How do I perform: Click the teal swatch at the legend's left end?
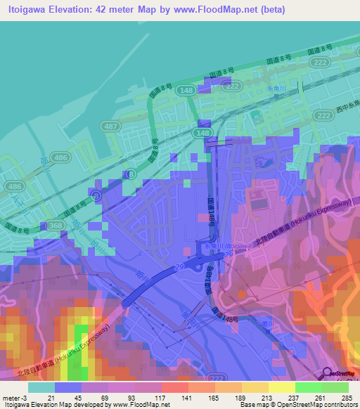[41, 387]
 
